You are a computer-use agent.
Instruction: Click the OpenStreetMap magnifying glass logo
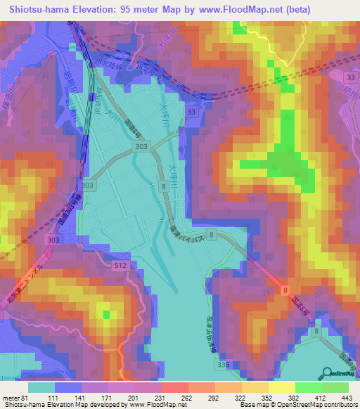point(328,374)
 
